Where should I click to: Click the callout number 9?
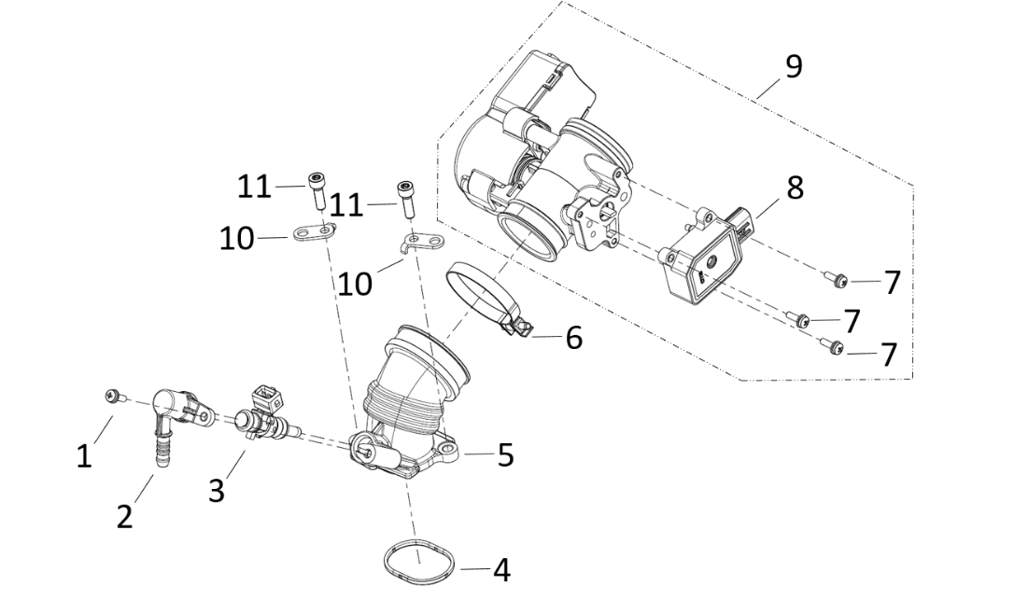793,68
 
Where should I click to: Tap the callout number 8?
794,187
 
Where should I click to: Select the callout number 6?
573,338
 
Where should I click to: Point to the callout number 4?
501,570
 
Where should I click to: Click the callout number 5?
504,455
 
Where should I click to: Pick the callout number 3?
216,489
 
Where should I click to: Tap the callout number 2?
124,516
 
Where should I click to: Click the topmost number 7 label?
892,282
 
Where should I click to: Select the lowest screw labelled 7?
833,347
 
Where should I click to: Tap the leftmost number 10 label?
236,239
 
